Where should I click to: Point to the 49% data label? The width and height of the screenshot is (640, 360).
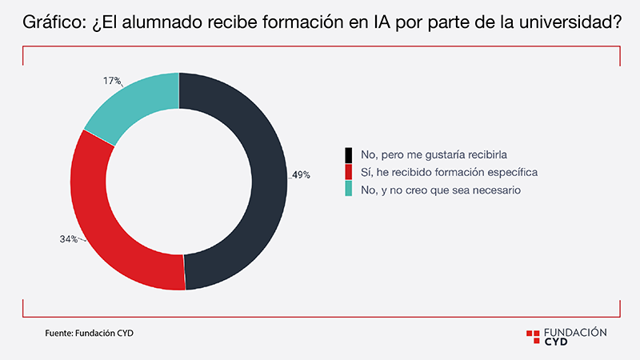click(300, 174)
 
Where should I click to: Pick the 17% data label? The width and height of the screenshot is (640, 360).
click(112, 81)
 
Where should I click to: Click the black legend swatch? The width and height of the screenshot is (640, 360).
click(348, 154)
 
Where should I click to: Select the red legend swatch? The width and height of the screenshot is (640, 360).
click(348, 172)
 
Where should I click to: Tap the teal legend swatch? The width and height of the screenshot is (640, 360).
click(348, 190)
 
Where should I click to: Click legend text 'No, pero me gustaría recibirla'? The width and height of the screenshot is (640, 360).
click(425, 154)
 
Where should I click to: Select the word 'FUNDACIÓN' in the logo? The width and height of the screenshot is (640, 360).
click(575, 331)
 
